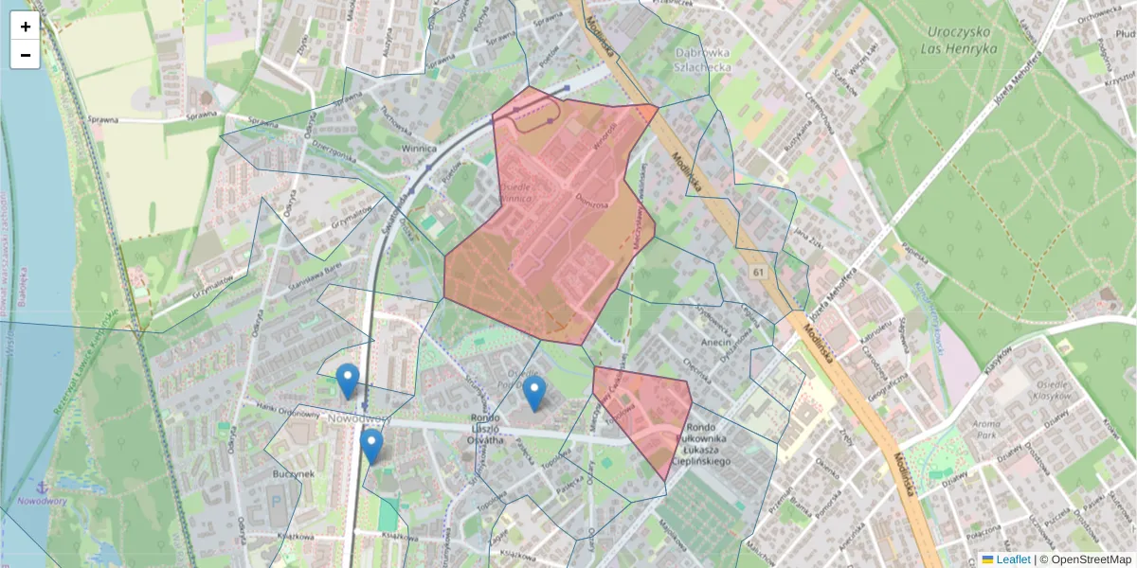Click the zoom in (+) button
pos(26,27)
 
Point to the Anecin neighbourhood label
pos(716,342)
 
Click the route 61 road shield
pos(759,273)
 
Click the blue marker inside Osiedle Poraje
pos(535,393)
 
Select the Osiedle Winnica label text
pos(515,194)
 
